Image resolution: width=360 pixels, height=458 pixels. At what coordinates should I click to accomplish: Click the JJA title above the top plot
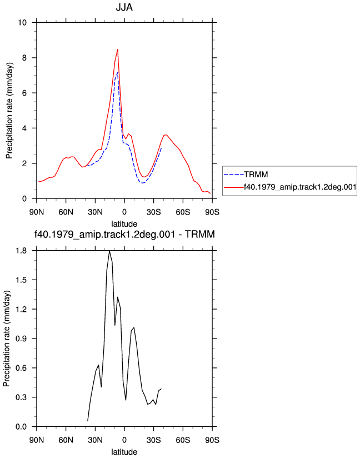point(124,7)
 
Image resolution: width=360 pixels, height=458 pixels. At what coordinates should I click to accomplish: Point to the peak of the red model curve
point(118,49)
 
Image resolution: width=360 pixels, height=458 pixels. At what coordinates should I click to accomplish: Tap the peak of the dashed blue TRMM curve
point(117,72)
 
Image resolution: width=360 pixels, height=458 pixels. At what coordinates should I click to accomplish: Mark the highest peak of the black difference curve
point(109,251)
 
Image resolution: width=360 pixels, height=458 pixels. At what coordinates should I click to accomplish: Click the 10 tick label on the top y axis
point(22,22)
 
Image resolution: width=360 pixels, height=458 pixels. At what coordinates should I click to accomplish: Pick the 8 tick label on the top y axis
point(24,58)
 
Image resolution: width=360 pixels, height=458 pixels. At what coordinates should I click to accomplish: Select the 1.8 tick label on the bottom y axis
point(21,251)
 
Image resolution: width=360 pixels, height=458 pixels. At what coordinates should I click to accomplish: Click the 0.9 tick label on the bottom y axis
point(21,338)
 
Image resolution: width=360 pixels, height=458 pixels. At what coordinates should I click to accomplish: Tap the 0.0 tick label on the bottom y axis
point(21,427)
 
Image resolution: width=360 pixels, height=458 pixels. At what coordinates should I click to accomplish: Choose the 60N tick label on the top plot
point(66,212)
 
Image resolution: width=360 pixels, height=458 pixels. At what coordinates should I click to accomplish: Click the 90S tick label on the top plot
point(212,212)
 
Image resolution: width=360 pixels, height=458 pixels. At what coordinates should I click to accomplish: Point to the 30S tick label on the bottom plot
point(153,440)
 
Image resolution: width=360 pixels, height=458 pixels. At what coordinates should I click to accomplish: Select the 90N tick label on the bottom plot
point(37,440)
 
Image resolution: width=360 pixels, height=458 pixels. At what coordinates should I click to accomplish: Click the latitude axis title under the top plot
point(124,224)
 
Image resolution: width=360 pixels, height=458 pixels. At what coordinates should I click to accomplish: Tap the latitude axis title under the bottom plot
point(124,452)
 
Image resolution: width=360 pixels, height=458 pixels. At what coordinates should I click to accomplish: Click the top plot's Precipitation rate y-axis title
point(9,111)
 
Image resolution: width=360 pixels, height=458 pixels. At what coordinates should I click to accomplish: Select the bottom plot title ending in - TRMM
point(124,234)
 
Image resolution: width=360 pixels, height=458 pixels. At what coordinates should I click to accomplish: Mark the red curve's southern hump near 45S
point(166,135)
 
